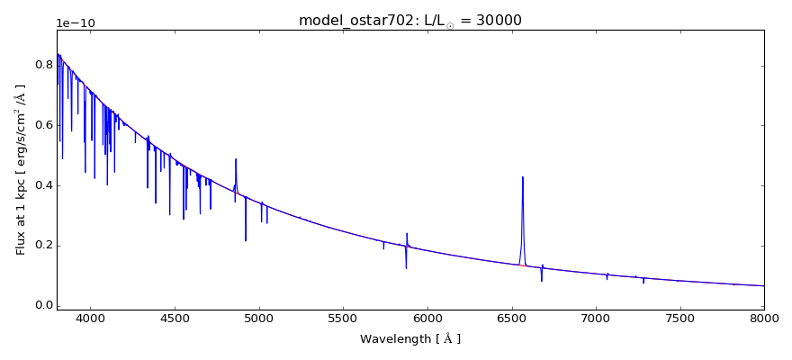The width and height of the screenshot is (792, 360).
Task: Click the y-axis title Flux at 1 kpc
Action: click(x=21, y=169)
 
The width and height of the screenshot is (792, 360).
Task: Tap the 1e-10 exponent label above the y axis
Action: click(x=76, y=23)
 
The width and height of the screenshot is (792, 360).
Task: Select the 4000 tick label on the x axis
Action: click(x=90, y=319)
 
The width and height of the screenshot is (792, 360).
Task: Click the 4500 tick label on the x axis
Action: click(x=175, y=319)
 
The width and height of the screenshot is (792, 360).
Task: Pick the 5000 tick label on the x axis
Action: click(x=259, y=319)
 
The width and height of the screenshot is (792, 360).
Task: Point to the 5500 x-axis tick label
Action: click(x=343, y=319)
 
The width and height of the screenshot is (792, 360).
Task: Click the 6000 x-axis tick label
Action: click(x=427, y=319)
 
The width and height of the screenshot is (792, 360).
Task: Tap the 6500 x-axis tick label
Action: click(x=511, y=319)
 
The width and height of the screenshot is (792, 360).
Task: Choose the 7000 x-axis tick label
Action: click(x=596, y=319)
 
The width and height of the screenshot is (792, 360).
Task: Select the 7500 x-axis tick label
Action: click(x=679, y=319)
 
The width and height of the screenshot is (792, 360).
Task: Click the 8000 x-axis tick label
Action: click(x=764, y=319)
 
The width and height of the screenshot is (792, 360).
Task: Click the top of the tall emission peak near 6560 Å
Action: click(x=522, y=177)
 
